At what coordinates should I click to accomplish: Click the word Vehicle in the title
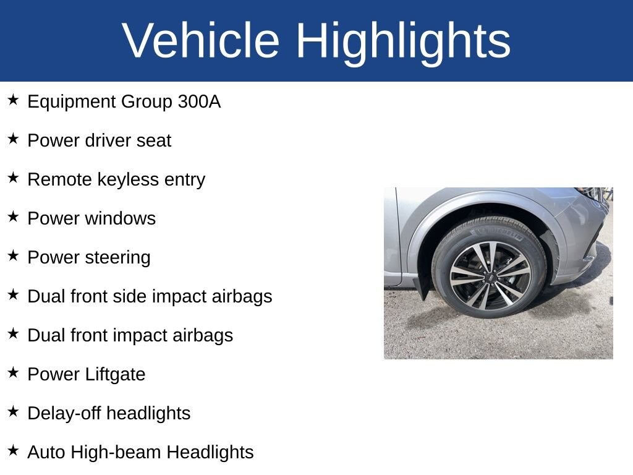201,41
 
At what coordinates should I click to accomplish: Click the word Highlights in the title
403,41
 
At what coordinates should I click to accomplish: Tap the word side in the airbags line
129,296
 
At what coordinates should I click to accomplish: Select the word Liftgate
116,374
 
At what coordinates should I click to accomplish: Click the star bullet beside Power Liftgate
13,372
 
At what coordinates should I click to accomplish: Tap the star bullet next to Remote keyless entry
13,178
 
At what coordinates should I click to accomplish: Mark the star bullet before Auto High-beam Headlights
13,450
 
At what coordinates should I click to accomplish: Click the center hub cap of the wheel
490,275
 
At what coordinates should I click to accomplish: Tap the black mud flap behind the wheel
424,286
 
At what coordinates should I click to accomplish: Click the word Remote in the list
59,179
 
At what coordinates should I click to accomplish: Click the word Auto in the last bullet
46,452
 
